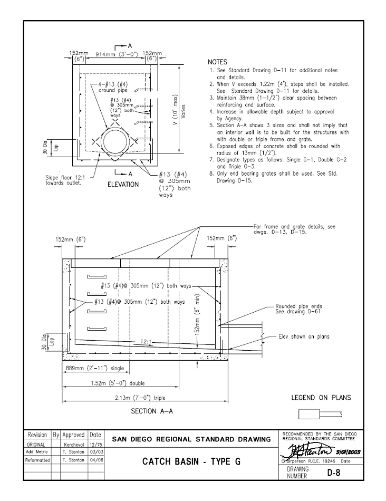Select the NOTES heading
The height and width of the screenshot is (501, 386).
(x=217, y=62)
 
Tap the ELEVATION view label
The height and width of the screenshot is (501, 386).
(x=123, y=185)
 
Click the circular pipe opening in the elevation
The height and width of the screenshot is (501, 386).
(x=114, y=142)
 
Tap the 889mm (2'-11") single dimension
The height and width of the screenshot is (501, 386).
(x=87, y=368)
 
